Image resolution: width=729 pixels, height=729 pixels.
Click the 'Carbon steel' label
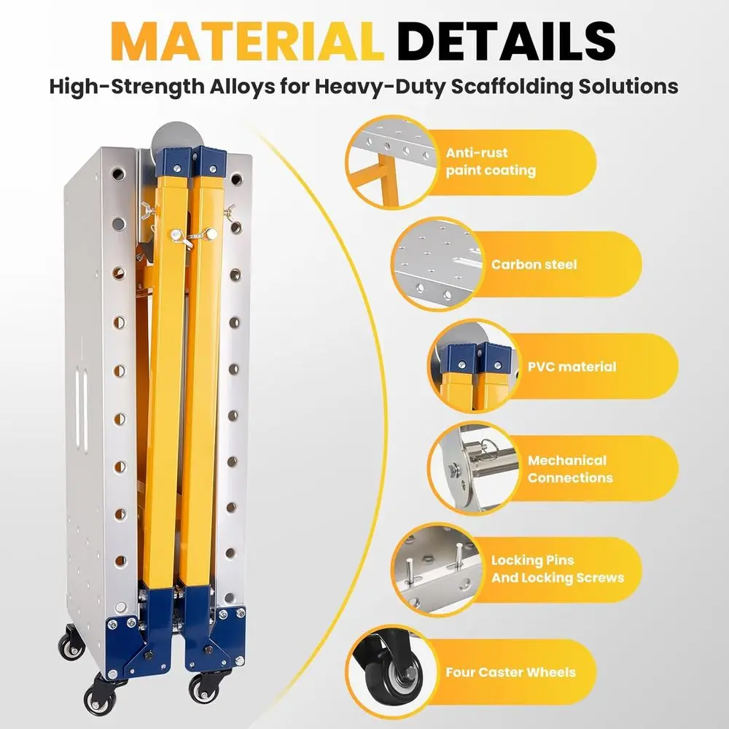[x=534, y=264]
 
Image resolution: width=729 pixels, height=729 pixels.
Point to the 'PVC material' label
[x=572, y=367]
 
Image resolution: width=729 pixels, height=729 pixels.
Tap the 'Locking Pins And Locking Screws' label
[x=558, y=569]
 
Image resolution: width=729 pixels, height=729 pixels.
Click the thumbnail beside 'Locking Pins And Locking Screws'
[x=437, y=569]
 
